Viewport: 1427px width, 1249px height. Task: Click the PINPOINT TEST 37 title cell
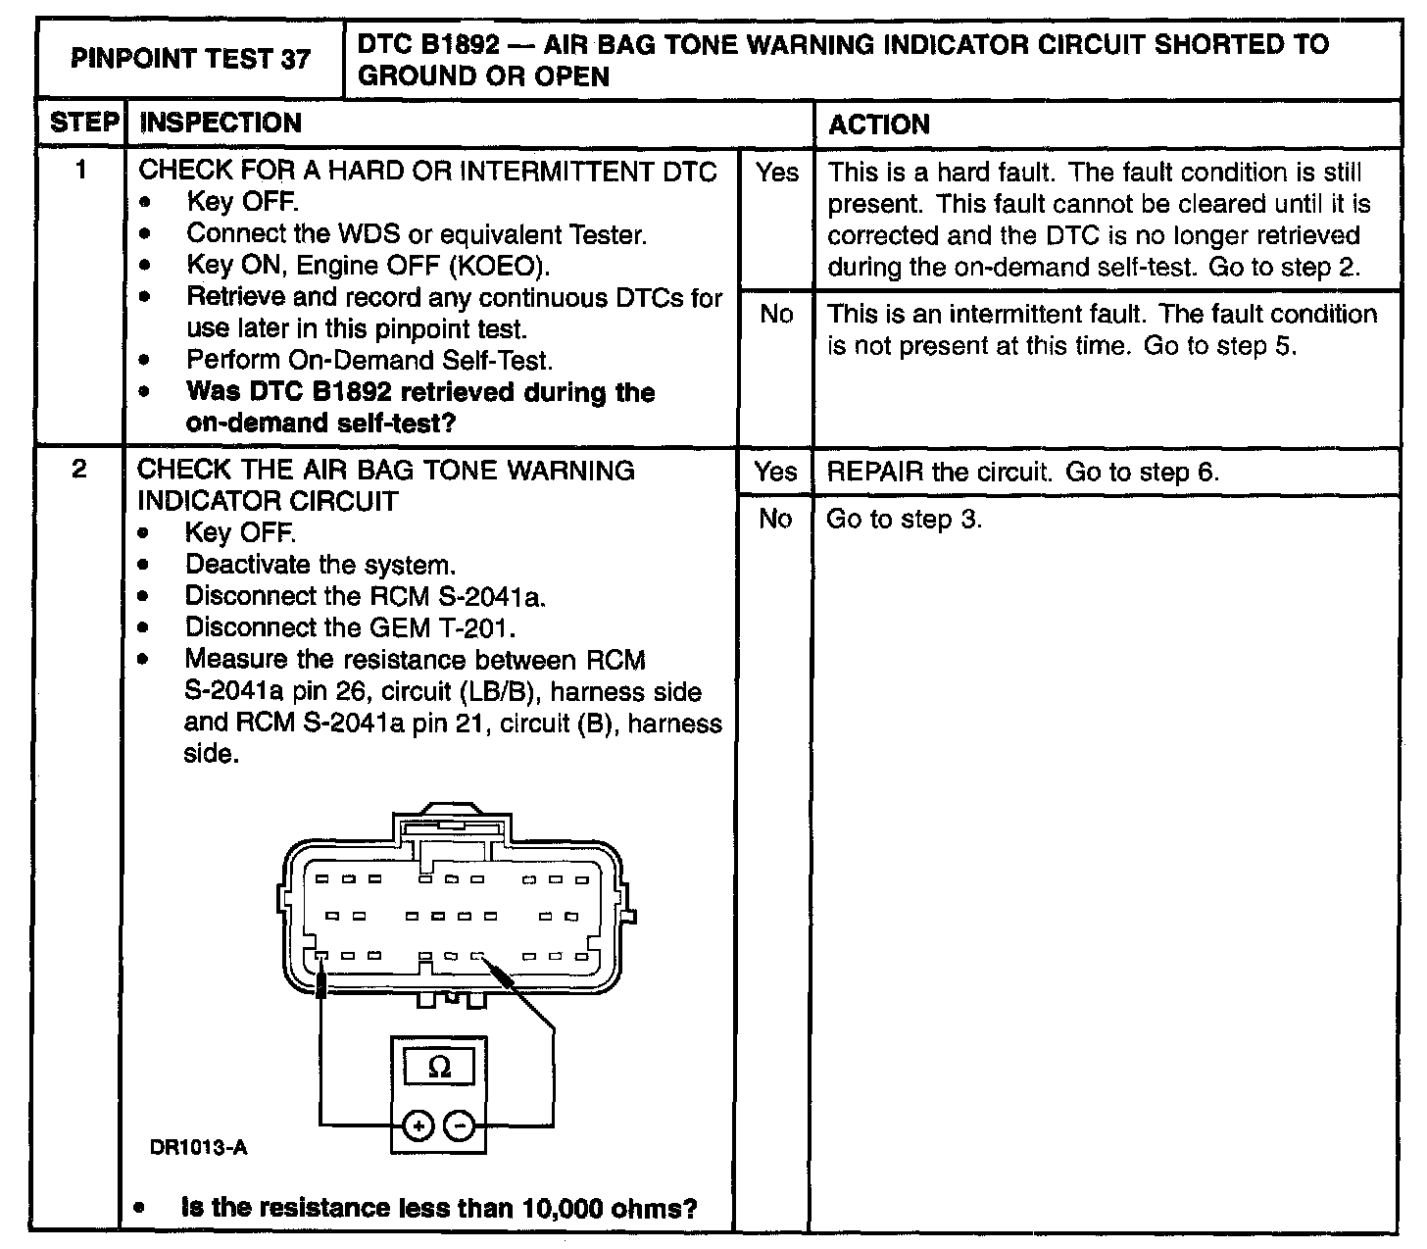(190, 60)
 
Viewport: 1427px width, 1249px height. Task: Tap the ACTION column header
(879, 125)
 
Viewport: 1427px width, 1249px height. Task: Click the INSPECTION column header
(221, 124)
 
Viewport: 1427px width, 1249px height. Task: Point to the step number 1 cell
(81, 171)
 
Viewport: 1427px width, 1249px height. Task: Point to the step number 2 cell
(79, 470)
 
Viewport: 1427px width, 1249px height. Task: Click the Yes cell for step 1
(776, 174)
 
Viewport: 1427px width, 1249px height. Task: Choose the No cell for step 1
(775, 314)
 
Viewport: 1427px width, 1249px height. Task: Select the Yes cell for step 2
(775, 472)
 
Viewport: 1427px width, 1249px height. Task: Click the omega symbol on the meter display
(440, 1067)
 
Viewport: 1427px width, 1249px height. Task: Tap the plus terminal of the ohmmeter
(418, 1126)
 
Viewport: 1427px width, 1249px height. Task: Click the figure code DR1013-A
(198, 1147)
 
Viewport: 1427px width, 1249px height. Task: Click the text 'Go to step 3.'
(904, 519)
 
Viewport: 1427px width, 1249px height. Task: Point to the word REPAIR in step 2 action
(875, 472)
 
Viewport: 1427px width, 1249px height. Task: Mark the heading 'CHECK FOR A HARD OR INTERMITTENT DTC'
(427, 171)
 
